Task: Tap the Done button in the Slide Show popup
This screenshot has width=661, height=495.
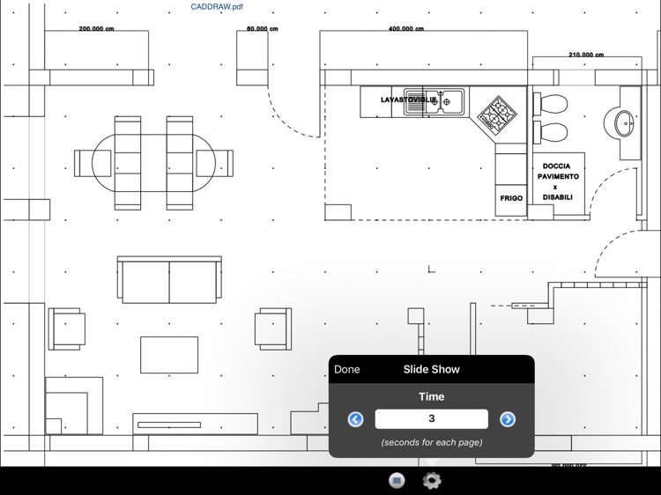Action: (347, 369)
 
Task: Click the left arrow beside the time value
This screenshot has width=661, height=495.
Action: (356, 419)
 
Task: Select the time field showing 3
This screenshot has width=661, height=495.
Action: (431, 419)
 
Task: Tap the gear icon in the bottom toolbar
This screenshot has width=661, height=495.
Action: (432, 480)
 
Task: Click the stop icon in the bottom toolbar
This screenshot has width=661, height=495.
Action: (397, 480)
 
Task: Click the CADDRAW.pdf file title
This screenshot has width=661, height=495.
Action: (217, 7)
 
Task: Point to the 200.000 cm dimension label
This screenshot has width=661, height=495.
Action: (96, 29)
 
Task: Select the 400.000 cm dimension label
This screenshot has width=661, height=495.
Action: (405, 29)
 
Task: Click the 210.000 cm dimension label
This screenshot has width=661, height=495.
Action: (586, 55)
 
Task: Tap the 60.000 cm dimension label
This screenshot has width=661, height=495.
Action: (262, 29)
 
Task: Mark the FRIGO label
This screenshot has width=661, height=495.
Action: (511, 198)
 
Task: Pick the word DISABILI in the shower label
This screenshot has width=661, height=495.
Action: (557, 197)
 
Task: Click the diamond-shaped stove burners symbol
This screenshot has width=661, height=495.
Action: (498, 114)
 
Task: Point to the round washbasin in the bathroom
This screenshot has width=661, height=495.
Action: (624, 122)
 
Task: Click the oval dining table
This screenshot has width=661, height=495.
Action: (154, 163)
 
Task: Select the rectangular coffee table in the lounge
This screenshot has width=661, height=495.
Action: (169, 354)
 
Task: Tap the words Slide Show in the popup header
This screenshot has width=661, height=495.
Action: (432, 369)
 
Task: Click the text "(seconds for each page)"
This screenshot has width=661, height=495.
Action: (432, 442)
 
